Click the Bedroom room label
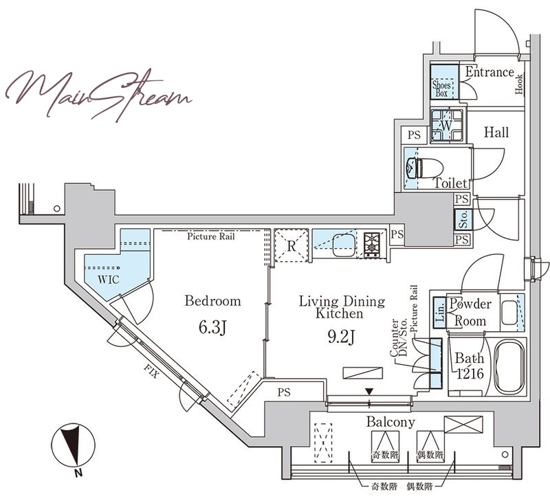pyautogui.click(x=212, y=301)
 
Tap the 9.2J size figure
pyautogui.click(x=341, y=337)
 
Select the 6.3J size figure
pyautogui.click(x=212, y=328)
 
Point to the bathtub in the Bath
pyautogui.click(x=509, y=366)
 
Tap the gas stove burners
pyautogui.click(x=371, y=245)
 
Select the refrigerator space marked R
pyautogui.click(x=291, y=246)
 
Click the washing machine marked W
pyautogui.click(x=446, y=126)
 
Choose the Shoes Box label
pyautogui.click(x=441, y=89)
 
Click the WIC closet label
pyautogui.click(x=109, y=280)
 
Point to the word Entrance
pyautogui.click(x=489, y=72)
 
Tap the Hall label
pyautogui.click(x=496, y=133)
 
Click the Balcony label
pyautogui.click(x=390, y=422)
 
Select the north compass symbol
pyautogui.click(x=74, y=445)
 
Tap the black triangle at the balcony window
pyautogui.click(x=369, y=392)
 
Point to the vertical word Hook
pyautogui.click(x=519, y=84)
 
